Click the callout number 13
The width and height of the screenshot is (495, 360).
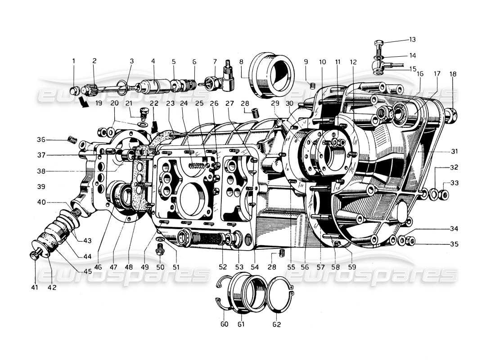click(413, 39)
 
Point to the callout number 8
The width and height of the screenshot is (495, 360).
click(241, 61)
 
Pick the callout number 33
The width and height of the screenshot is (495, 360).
click(454, 183)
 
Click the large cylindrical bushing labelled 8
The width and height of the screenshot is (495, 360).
click(272, 74)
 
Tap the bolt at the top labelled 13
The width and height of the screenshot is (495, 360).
click(379, 46)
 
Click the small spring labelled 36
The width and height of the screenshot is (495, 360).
click(70, 139)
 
